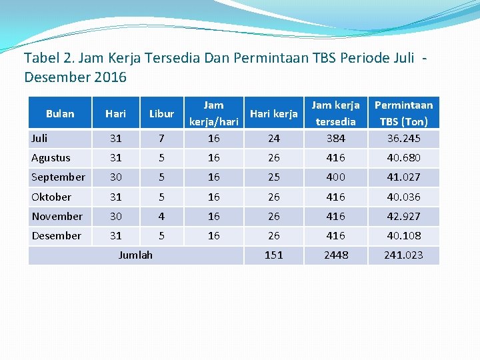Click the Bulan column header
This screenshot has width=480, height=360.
pos(60,113)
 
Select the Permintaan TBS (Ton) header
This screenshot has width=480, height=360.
pos(403,113)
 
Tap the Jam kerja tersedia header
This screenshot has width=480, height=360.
pos(336,113)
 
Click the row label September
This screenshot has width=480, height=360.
pos(58,177)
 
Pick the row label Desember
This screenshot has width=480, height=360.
pos(56,236)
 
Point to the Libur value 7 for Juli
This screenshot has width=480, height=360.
pos(161,139)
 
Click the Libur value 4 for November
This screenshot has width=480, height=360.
pos(161,217)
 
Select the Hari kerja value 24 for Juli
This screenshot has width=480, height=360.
pos(274,139)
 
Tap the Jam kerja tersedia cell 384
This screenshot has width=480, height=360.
pos(336,139)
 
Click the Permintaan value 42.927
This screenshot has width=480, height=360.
pos(404,217)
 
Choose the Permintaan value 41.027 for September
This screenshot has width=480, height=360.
pos(404,177)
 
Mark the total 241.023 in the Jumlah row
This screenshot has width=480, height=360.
pos(404,255)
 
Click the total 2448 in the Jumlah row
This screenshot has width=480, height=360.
pos(336,255)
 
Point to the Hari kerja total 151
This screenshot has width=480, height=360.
pos(274,255)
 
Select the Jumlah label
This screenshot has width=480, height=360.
pos(135,255)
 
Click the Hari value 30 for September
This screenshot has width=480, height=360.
pos(115,177)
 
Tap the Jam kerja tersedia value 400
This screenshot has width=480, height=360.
pos(336,177)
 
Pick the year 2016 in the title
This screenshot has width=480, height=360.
pos(111,77)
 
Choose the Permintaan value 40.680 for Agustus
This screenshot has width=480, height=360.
pos(404,158)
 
